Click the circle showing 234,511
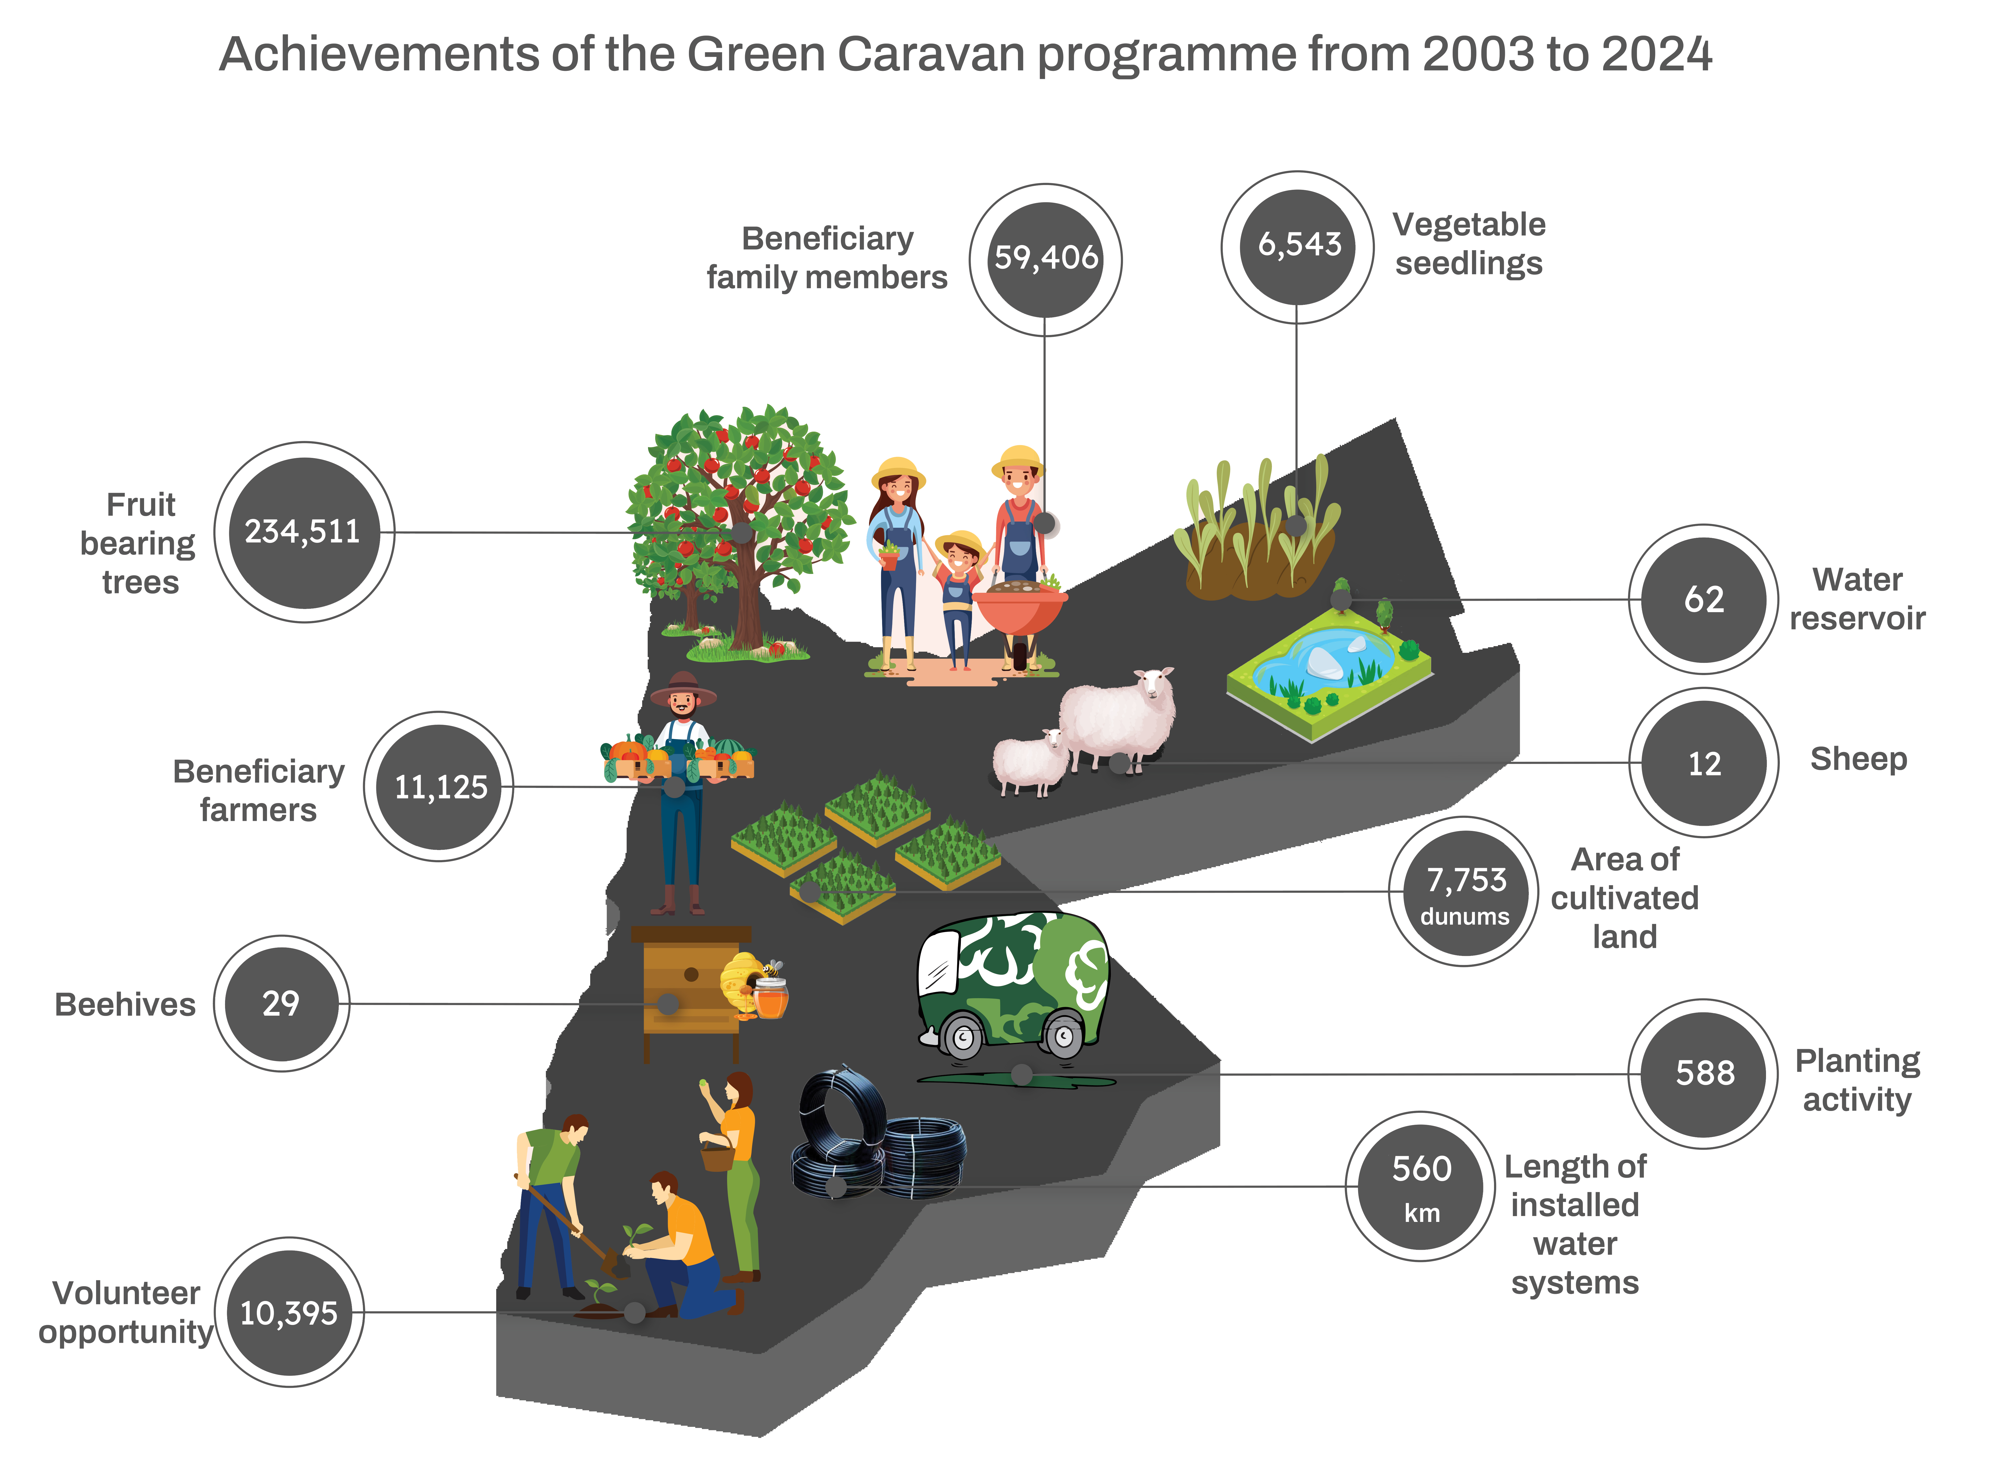coord(304,532)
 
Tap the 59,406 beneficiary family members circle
coord(1045,260)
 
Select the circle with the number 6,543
coord(1297,247)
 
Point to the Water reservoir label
coord(1857,599)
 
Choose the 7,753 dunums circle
coord(1464,891)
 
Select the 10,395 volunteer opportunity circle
coord(288,1312)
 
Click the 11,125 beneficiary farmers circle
coord(438,786)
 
